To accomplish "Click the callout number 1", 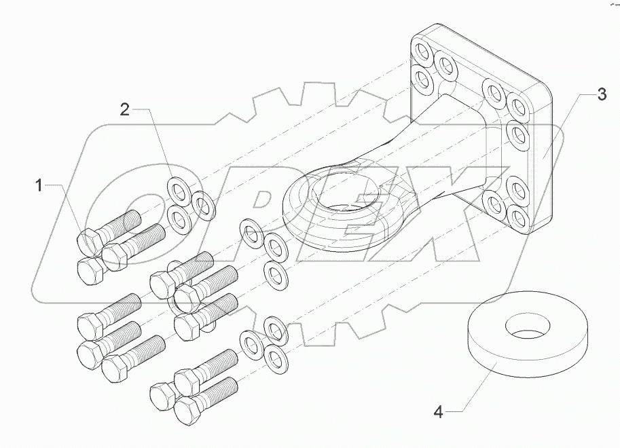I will point(39,185).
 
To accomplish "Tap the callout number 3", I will point(601,95).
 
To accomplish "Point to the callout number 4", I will point(438,411).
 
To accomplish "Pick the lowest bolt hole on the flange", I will point(519,217).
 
